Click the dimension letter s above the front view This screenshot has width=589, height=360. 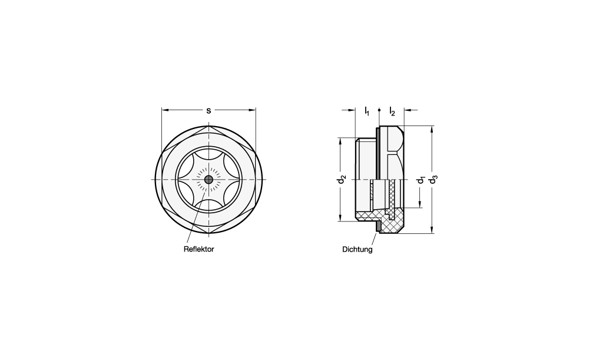[209, 111]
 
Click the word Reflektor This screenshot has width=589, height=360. [198, 249]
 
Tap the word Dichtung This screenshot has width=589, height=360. [358, 249]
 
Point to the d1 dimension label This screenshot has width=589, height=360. [421, 180]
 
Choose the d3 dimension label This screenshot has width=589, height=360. [434, 180]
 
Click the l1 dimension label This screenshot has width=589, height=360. [366, 111]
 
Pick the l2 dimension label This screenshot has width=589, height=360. [392, 111]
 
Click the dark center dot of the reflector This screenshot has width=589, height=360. [209, 180]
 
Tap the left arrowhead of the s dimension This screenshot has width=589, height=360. [165, 110]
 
